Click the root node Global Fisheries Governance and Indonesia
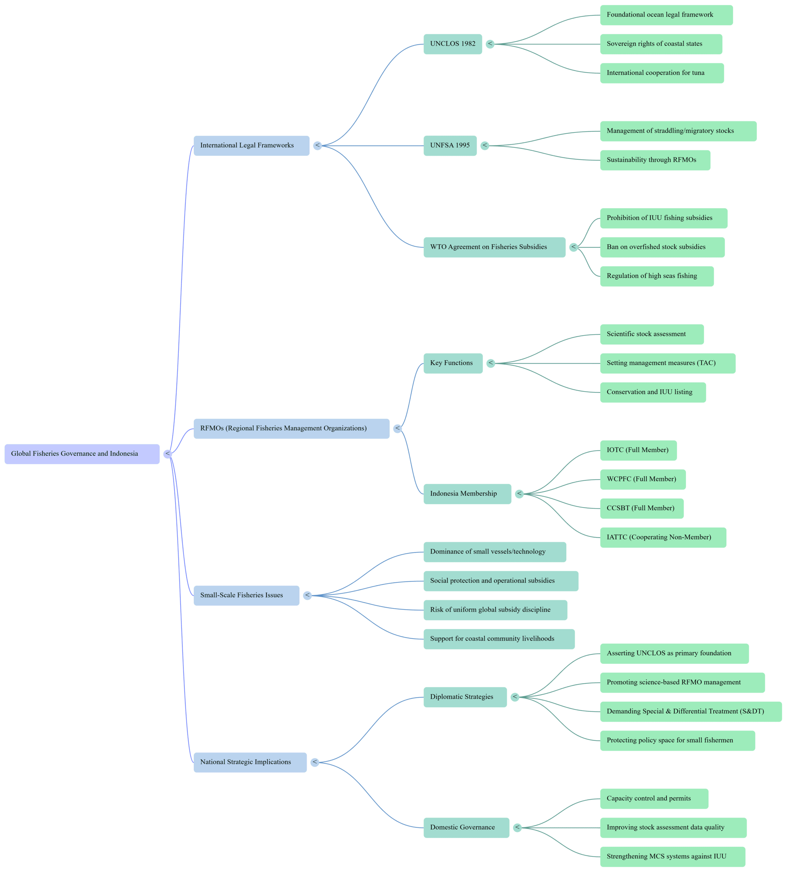click(x=82, y=454)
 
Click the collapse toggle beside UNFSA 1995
click(x=485, y=145)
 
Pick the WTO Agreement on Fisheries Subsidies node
click(x=494, y=247)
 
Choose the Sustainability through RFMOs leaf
click(x=655, y=160)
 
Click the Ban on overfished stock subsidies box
click(x=662, y=247)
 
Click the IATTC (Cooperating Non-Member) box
click(x=663, y=537)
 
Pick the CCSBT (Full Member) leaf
click(x=642, y=508)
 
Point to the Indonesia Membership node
click(x=467, y=494)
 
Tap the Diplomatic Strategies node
click(x=465, y=697)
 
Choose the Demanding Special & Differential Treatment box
click(x=690, y=712)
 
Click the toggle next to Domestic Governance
click(x=517, y=827)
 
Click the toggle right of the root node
click(x=167, y=454)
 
